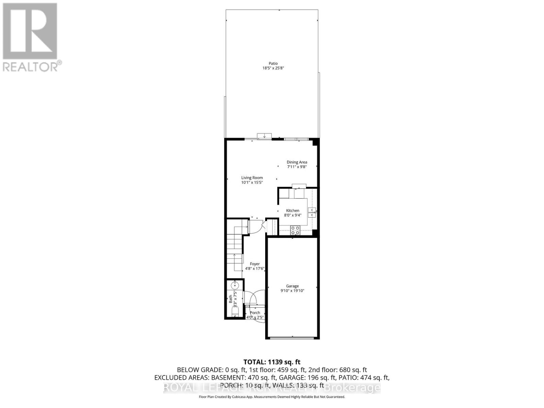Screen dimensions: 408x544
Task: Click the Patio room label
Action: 273,63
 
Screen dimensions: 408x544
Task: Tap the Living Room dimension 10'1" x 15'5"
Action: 252,183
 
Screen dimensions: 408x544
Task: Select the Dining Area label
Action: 297,162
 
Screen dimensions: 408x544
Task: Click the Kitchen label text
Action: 292,210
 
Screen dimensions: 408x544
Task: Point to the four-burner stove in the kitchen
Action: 295,230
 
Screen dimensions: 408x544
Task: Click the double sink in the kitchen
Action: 312,213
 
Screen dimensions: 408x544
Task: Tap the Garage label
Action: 292,286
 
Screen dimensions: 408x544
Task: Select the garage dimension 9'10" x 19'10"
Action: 292,291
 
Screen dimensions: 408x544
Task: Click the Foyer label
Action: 255,264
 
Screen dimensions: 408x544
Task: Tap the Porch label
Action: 255,313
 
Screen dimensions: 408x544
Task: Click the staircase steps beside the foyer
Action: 235,248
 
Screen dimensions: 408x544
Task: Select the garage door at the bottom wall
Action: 292,338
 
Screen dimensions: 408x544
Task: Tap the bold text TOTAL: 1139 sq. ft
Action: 272,362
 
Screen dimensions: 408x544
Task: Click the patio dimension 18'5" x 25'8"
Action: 273,68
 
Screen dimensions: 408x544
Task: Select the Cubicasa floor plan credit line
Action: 272,397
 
